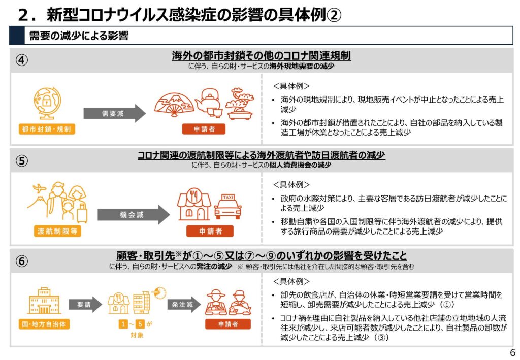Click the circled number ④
22,60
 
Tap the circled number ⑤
22,161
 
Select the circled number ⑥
22,261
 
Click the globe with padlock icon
47,103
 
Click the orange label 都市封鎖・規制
47,129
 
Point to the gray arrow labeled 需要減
114,113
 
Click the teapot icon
209,103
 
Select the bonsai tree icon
240,104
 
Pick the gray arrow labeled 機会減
134,215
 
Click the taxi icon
228,206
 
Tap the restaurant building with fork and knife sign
193,204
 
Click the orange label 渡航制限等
57,231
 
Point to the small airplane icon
39,189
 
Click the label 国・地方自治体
44,324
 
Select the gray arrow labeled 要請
85,305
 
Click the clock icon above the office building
159,293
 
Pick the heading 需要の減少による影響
79,36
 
